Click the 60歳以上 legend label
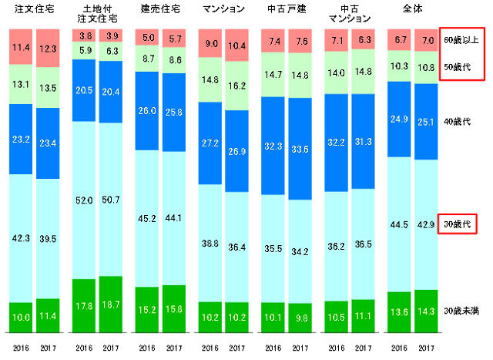pos(461,39)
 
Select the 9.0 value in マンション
pos(212,43)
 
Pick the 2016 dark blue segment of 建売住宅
pos(148,111)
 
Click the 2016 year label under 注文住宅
pos(22,338)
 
